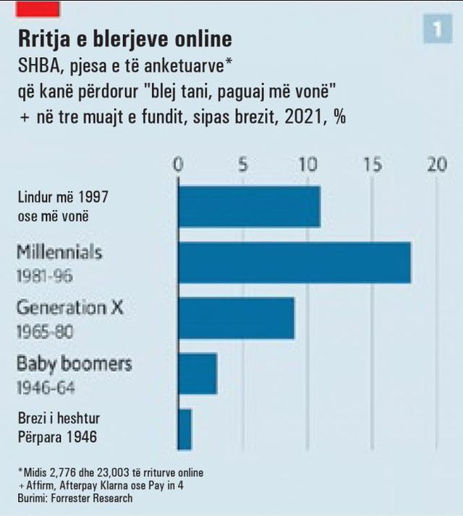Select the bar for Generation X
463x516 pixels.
pos(236,318)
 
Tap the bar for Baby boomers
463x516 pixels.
pos(197,374)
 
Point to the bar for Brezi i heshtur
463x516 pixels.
pos(184,429)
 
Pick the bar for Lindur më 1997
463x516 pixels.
pos(249,207)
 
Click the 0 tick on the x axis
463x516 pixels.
pos(178,165)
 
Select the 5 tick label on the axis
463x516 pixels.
pos(243,165)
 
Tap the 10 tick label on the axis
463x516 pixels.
pos(307,165)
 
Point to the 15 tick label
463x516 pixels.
pos(372,165)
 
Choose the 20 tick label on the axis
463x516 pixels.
pos(436,165)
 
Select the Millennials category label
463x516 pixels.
pos(59,253)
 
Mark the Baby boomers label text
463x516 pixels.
pos(74,363)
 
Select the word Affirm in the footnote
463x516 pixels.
pos(41,486)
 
